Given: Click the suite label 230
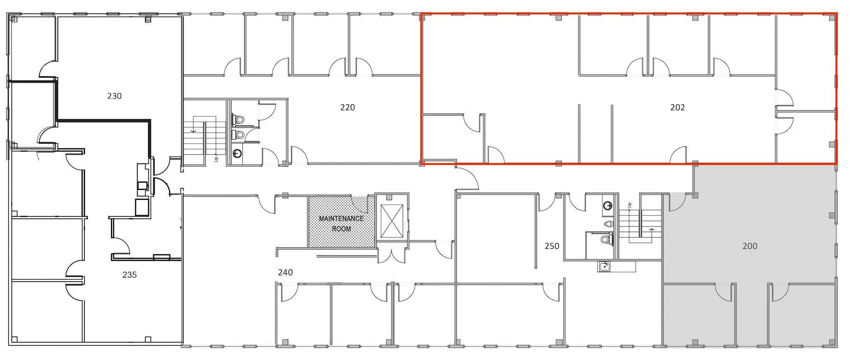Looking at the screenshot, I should pyautogui.click(x=114, y=96).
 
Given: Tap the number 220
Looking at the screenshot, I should pyautogui.click(x=348, y=107).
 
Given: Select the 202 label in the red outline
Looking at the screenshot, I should pyautogui.click(x=677, y=107).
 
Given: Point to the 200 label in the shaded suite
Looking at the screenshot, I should pyautogui.click(x=750, y=246).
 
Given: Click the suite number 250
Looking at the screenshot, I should pyautogui.click(x=552, y=246).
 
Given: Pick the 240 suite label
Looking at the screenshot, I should pyautogui.click(x=285, y=272).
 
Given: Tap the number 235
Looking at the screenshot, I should pyautogui.click(x=130, y=275).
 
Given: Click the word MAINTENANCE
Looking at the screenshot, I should pyautogui.click(x=341, y=219).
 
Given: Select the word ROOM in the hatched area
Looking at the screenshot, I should pyautogui.click(x=341, y=229).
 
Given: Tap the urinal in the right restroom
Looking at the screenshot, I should pyautogui.click(x=608, y=224).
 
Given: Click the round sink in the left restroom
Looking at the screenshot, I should pyautogui.click(x=237, y=153).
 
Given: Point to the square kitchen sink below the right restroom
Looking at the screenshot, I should pyautogui.click(x=604, y=266).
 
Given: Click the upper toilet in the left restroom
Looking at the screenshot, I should pyautogui.click(x=239, y=120).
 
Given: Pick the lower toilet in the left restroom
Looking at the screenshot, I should pyautogui.click(x=239, y=135).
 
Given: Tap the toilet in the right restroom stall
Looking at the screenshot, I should pyautogui.click(x=606, y=240).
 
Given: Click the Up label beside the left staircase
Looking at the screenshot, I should pyautogui.click(x=216, y=159).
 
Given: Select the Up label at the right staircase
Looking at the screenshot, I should pyautogui.click(x=629, y=205).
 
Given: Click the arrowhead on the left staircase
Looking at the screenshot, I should pyautogui.click(x=194, y=131).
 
